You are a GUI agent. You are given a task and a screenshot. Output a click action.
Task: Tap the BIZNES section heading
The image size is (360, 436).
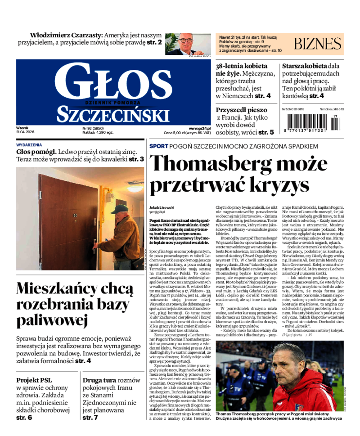(318, 44)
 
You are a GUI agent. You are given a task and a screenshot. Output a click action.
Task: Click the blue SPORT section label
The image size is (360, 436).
(158, 146)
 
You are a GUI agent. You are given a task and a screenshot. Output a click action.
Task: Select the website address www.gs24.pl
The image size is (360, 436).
(199, 128)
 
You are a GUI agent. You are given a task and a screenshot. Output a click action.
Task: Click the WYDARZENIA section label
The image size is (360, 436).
(29, 145)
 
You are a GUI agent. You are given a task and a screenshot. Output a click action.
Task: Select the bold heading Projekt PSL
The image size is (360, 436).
(34, 380)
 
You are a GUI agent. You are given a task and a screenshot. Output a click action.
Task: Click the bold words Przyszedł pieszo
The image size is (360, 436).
(241, 109)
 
